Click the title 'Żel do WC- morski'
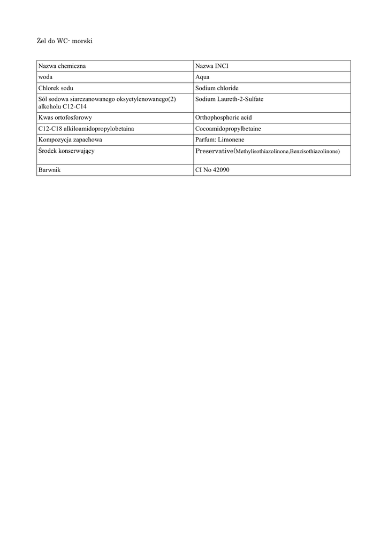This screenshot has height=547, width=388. pyautogui.click(x=65, y=41)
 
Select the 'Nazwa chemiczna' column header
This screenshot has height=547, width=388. pyautogui.click(x=62, y=66)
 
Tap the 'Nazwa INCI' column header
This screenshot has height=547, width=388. pyautogui.click(x=212, y=66)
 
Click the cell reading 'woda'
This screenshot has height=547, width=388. pyautogui.click(x=44, y=77)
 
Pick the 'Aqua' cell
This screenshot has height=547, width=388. pyautogui.click(x=202, y=77)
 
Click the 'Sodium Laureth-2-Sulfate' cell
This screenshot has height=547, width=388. pyautogui.click(x=230, y=99)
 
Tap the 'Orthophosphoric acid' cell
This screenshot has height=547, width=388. pyautogui.click(x=223, y=117)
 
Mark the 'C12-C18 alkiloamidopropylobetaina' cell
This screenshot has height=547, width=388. pyautogui.click(x=86, y=128)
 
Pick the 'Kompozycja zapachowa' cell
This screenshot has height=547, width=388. pyautogui.click(x=70, y=139)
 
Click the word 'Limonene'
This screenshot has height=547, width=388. pyautogui.click(x=232, y=139)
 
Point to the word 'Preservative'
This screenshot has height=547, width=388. pyautogui.click(x=214, y=151)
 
